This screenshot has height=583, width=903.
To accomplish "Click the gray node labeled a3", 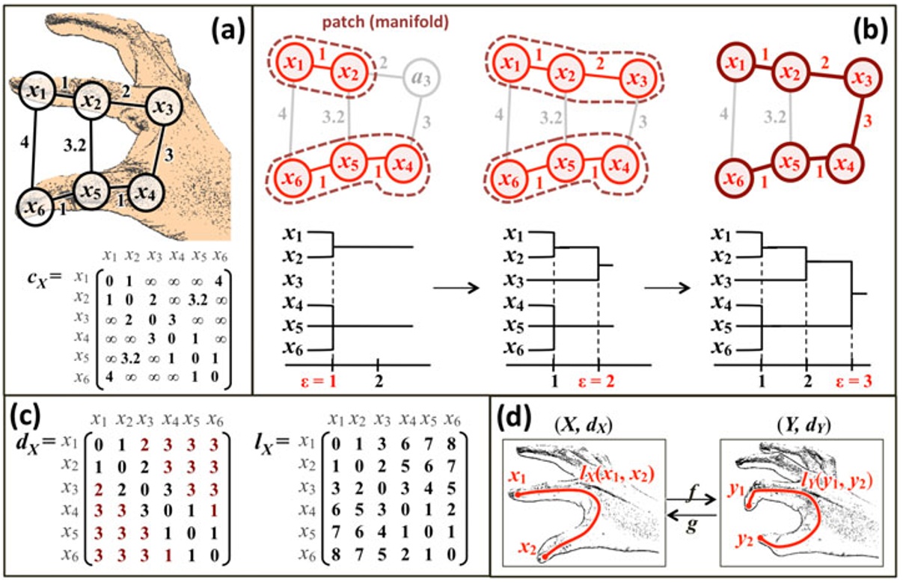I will [x=423, y=75].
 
